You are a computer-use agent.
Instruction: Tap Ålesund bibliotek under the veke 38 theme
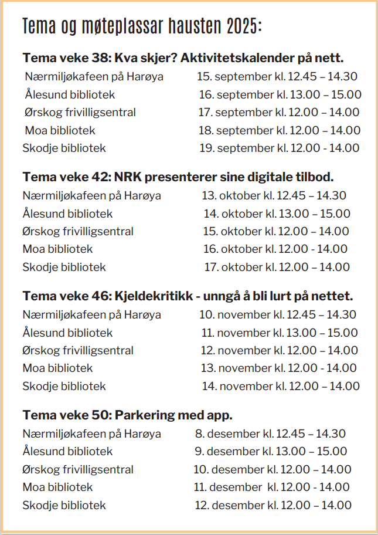(x=70, y=94)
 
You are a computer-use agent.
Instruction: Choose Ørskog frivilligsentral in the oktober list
(x=78, y=231)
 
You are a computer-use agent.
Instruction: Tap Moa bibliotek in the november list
(x=57, y=368)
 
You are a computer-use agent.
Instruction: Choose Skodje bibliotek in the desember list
(x=64, y=505)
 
